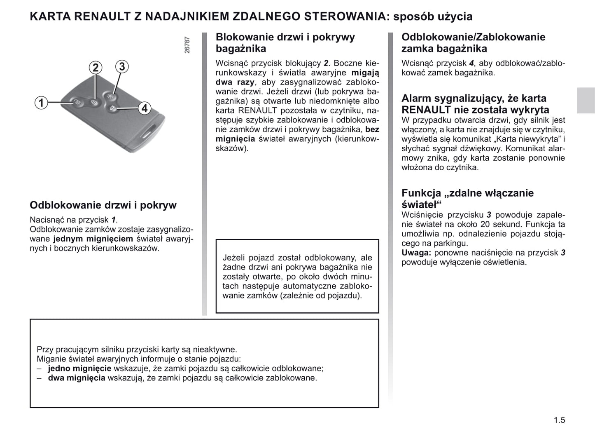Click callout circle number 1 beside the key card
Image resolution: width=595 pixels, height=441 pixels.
(x=41, y=102)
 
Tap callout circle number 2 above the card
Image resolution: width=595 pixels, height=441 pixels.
(x=96, y=67)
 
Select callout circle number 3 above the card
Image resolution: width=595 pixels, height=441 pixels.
(x=121, y=66)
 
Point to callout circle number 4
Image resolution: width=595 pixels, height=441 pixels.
(x=144, y=108)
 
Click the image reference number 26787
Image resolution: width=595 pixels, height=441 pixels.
(x=187, y=45)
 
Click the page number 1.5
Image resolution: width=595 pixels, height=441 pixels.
(x=559, y=420)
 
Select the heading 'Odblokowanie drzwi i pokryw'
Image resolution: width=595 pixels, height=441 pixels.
(x=103, y=205)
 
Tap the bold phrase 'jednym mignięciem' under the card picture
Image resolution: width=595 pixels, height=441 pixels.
(x=93, y=239)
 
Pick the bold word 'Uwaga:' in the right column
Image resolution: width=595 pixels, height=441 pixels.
(x=416, y=253)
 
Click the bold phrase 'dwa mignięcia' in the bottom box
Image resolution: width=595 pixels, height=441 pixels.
(x=77, y=378)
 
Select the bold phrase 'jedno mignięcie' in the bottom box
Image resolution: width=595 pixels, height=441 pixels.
(x=79, y=368)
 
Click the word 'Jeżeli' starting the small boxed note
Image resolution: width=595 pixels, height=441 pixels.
(x=234, y=258)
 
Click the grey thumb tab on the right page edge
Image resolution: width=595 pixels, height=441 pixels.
(x=586, y=100)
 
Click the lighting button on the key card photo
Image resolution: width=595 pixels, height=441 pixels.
(x=110, y=96)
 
